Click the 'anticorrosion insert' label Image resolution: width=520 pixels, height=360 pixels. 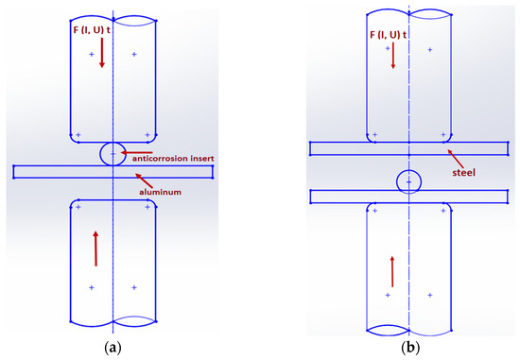tap(169, 153)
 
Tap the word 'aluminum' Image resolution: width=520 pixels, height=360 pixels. tap(158, 192)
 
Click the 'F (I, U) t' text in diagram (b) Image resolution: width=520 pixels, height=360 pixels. tap(390, 36)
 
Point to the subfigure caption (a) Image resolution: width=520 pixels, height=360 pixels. tap(113, 347)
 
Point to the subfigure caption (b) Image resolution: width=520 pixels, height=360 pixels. tap(408, 347)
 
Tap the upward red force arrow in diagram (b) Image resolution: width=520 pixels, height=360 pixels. tap(391, 270)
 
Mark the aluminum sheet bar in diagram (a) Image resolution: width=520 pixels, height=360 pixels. tap(57, 171)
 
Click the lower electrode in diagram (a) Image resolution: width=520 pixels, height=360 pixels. tap(113, 269)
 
